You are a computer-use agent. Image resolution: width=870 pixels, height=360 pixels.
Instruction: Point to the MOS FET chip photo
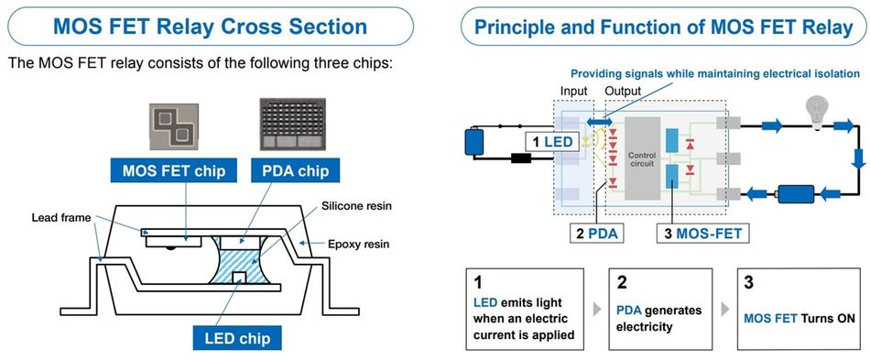(174, 124)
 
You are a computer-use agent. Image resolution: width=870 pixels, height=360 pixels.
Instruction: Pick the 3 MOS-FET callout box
(699, 234)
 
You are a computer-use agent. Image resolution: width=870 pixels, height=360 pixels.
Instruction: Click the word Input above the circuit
(574, 92)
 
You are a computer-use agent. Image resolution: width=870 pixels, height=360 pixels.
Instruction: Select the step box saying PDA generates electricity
(659, 310)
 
